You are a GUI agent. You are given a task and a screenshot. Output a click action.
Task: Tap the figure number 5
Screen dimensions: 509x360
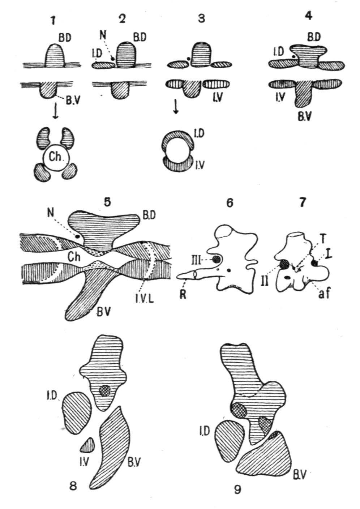107,202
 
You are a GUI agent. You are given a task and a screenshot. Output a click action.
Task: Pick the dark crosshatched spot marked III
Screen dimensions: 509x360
217,259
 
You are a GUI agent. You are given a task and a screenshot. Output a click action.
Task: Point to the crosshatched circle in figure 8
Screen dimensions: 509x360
105,390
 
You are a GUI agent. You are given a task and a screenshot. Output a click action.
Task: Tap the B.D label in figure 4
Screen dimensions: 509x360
314,37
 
